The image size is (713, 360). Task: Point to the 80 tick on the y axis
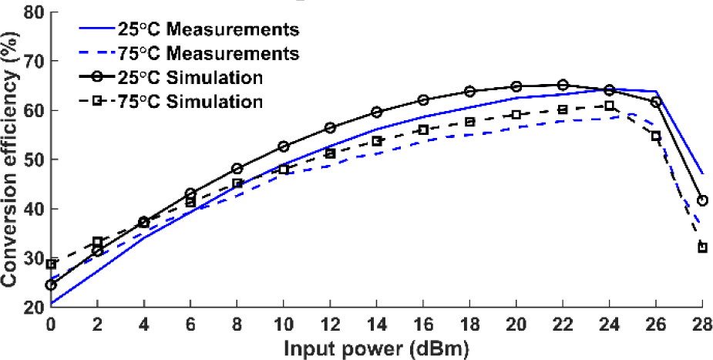[x=31, y=12]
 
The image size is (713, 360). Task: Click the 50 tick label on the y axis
[x=31, y=160]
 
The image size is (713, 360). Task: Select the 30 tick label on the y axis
[x=31, y=258]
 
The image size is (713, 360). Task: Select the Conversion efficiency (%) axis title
[x=11, y=158]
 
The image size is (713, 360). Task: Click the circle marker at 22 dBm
[x=563, y=85]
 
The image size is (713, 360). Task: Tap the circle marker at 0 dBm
[x=52, y=284]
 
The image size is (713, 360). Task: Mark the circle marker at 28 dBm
[x=702, y=200]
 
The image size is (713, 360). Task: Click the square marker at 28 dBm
[x=702, y=247]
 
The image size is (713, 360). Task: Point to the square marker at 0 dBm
[x=52, y=264]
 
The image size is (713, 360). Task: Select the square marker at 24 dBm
[x=609, y=106]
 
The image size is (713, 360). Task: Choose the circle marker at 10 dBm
[x=284, y=146]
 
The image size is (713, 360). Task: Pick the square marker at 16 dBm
[x=423, y=130]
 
